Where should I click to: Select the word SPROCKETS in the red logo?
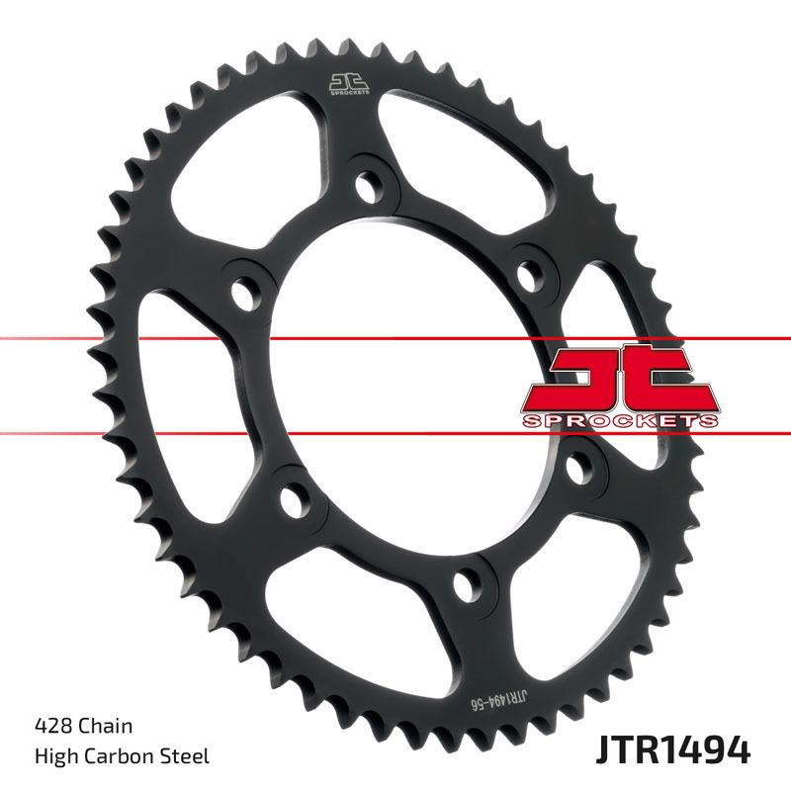[x=619, y=421]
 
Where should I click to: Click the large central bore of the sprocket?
[x=395, y=386]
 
